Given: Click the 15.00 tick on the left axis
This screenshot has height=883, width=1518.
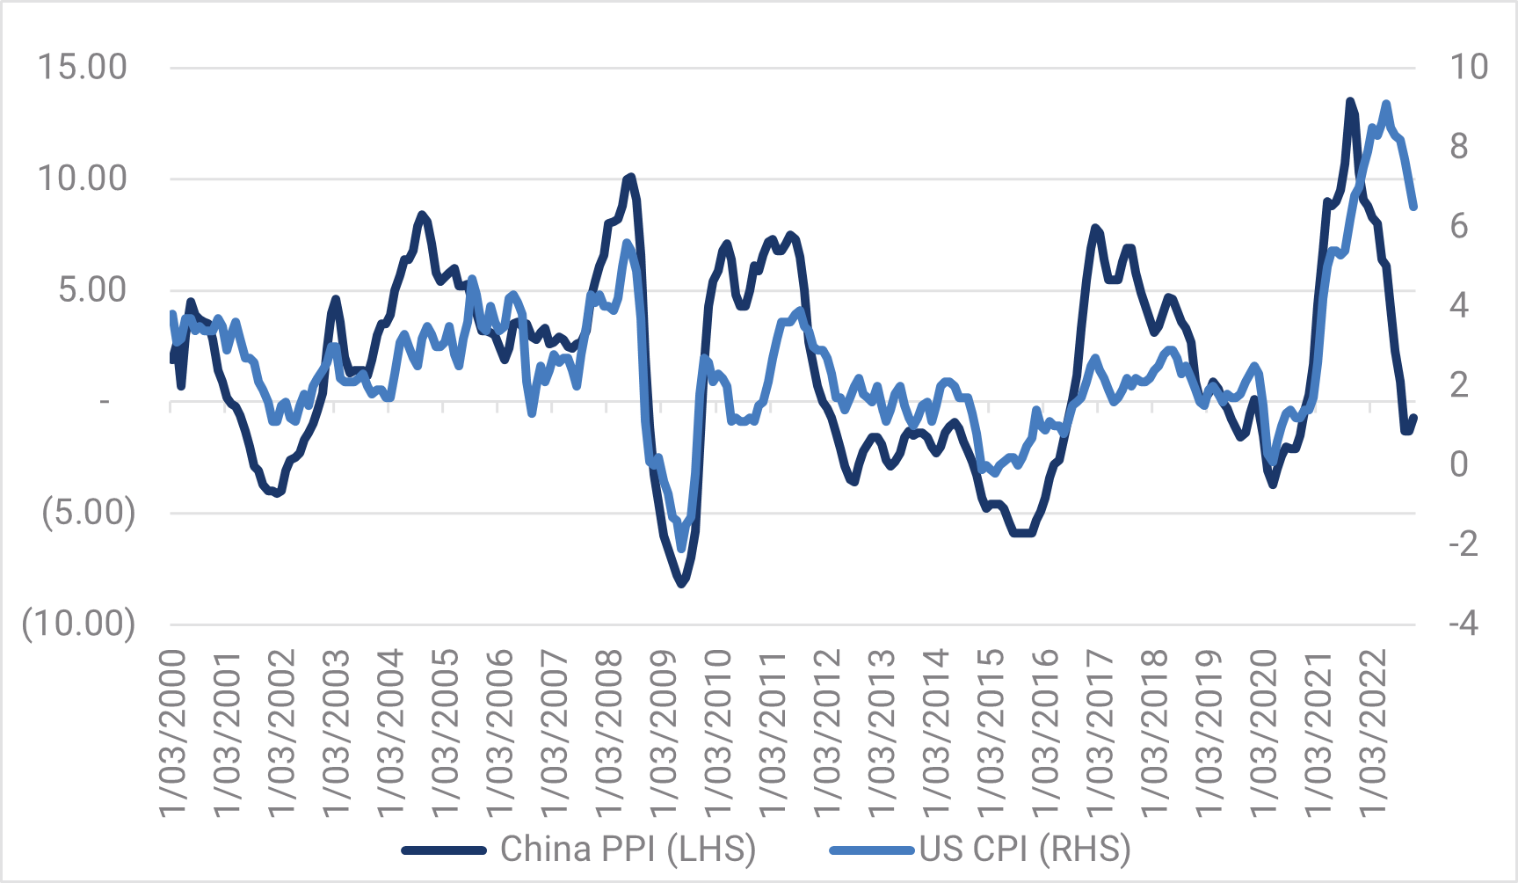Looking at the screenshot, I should coord(82,68).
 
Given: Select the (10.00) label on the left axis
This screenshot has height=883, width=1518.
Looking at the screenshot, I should coord(79,624).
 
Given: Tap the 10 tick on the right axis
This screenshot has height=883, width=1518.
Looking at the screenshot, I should coord(1468,68).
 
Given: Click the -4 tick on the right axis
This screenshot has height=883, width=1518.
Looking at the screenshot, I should coord(1464,624).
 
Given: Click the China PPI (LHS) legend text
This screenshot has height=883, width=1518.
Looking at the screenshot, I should coord(628,850).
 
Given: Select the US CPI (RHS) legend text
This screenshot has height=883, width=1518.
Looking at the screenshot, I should coord(1025,850).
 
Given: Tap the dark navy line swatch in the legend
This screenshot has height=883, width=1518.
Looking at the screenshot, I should coord(444,850).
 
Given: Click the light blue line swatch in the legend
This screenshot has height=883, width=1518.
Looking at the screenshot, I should coord(872,850).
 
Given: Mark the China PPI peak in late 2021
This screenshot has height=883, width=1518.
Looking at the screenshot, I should coord(1350,102).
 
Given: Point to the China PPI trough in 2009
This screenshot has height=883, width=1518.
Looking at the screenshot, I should coord(682,583).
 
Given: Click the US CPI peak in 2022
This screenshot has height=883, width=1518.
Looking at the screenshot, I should coord(1386,105).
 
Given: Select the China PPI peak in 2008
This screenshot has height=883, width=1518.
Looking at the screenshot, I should coord(630,178).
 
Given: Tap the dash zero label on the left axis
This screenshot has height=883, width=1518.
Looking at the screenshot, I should coord(105,402).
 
